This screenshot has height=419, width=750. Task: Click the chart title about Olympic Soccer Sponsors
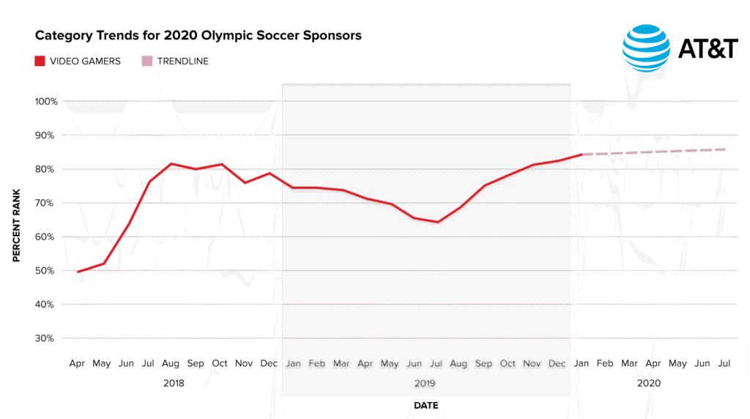[198, 35]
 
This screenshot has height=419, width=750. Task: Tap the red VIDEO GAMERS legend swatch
[40, 61]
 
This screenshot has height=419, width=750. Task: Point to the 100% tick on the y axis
[45, 101]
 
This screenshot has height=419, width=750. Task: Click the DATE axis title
[426, 404]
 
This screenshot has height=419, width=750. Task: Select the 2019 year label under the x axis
[426, 382]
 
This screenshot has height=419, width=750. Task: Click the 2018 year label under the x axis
[173, 382]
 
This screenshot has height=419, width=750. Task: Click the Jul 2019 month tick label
[437, 363]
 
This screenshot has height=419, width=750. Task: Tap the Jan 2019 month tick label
[293, 363]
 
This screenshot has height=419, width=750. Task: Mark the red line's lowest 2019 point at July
[437, 222]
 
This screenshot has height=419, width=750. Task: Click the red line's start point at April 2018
[78, 272]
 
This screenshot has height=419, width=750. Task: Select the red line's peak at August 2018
[171, 163]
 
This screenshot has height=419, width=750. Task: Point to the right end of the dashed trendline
[725, 149]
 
